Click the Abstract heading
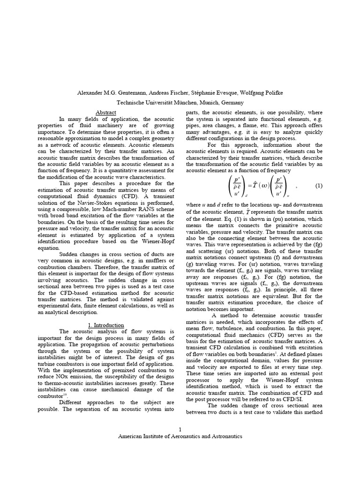point(105,113)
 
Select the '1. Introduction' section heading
point(106,325)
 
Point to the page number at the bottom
point(180,429)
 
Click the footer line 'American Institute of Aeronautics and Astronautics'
point(180,436)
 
